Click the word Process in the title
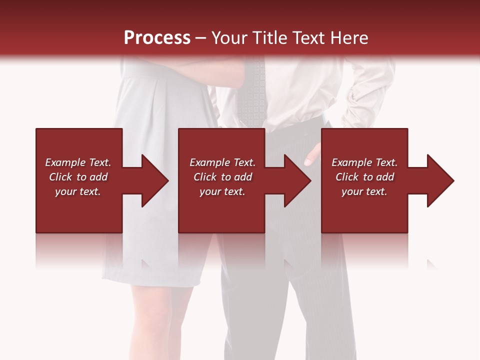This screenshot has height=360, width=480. pyautogui.click(x=157, y=38)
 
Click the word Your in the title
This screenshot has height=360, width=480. pyautogui.click(x=229, y=38)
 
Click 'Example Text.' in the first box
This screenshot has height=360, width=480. pyautogui.click(x=78, y=162)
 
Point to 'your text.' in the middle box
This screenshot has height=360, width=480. pyautogui.click(x=222, y=191)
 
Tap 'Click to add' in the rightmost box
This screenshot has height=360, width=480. pyautogui.click(x=364, y=177)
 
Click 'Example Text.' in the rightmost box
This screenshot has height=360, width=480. pyautogui.click(x=364, y=162)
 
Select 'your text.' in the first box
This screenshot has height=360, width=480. pyautogui.click(x=78, y=191)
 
